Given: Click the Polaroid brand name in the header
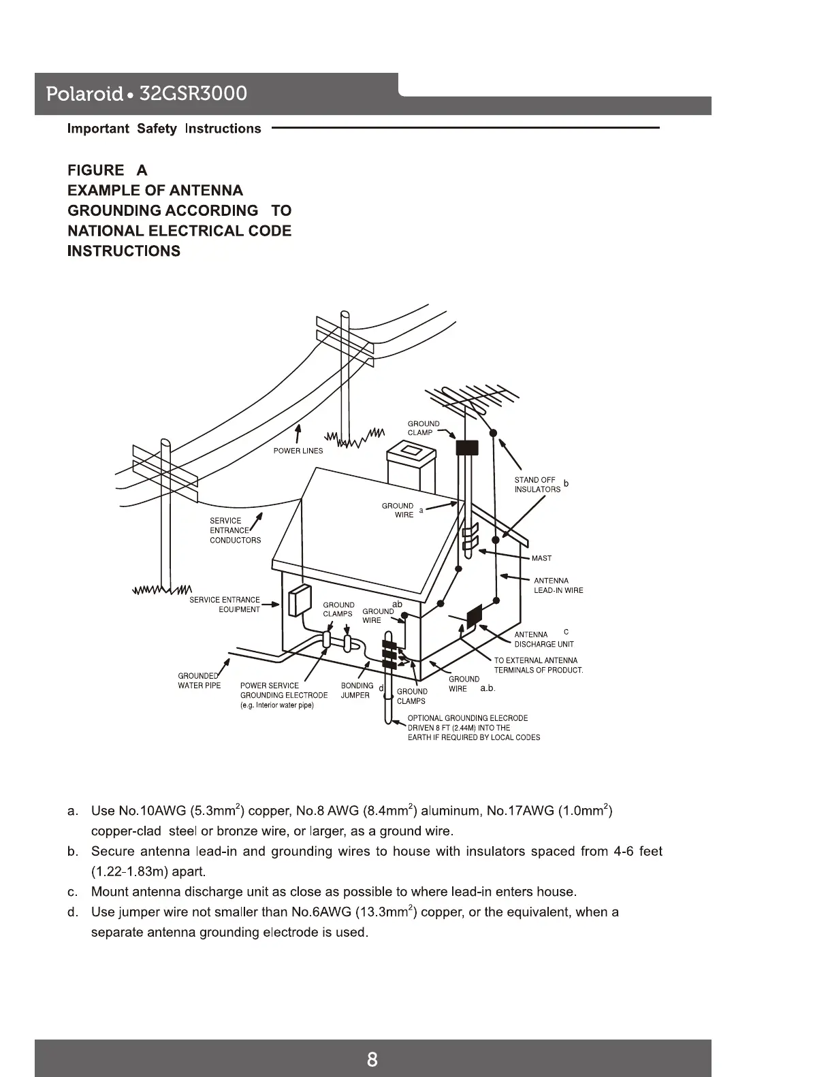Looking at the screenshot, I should pos(84,94).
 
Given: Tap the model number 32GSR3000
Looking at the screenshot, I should pos(193,93).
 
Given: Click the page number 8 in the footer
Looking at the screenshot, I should pos(372,1059).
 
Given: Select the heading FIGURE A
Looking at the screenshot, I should pos(107,170).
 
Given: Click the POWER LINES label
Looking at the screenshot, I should pos(298,451).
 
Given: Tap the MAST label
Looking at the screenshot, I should pos(541,558).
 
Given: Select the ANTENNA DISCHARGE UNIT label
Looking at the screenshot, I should pos(543,639).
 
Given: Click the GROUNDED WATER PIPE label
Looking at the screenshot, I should pos(199,681).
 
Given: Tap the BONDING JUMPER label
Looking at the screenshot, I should pos(356,690).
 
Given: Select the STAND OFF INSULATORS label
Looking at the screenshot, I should pos(537,485).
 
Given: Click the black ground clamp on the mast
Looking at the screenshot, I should pos(467,447).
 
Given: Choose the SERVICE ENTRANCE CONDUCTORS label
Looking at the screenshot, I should pos(235,530).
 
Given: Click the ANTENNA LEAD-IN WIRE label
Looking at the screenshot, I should pos(558,585).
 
